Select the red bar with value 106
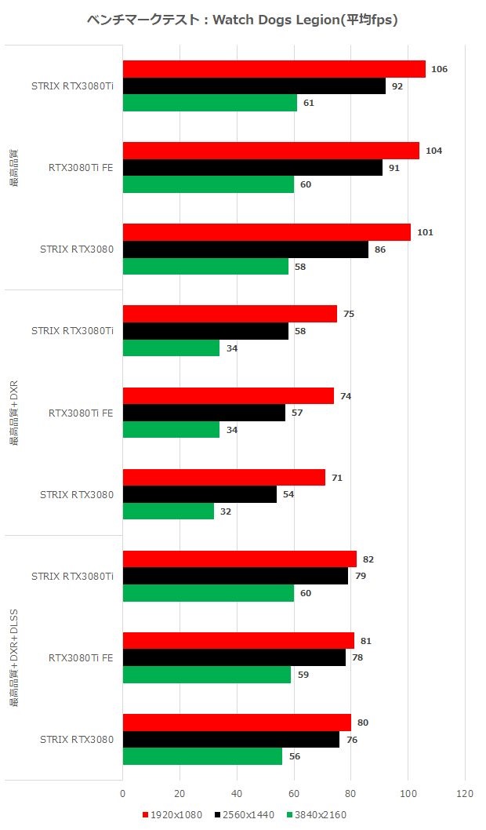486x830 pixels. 274,69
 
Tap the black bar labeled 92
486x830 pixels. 254,86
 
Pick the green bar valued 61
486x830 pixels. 210,103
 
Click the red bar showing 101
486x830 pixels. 267,232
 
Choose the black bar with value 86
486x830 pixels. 245,249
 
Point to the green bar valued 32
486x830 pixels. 169,511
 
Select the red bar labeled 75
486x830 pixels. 230,314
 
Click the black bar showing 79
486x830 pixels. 235,577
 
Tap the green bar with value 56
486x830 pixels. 202,756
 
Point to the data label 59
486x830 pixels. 303,675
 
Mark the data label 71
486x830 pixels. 337,478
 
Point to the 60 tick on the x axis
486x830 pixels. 294,794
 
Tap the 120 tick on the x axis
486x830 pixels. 465,794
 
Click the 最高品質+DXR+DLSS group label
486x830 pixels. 14,657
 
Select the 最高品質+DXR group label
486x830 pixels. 14,413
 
